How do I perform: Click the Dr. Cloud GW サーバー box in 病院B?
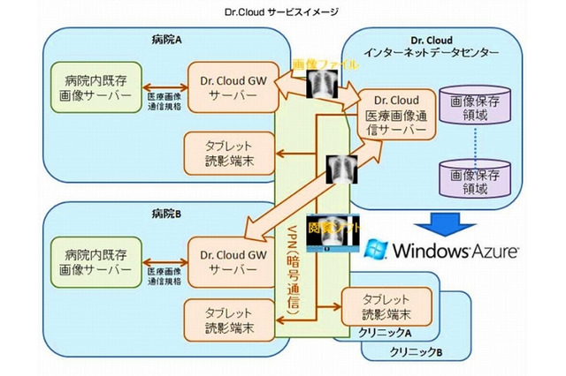[x=227, y=258]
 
